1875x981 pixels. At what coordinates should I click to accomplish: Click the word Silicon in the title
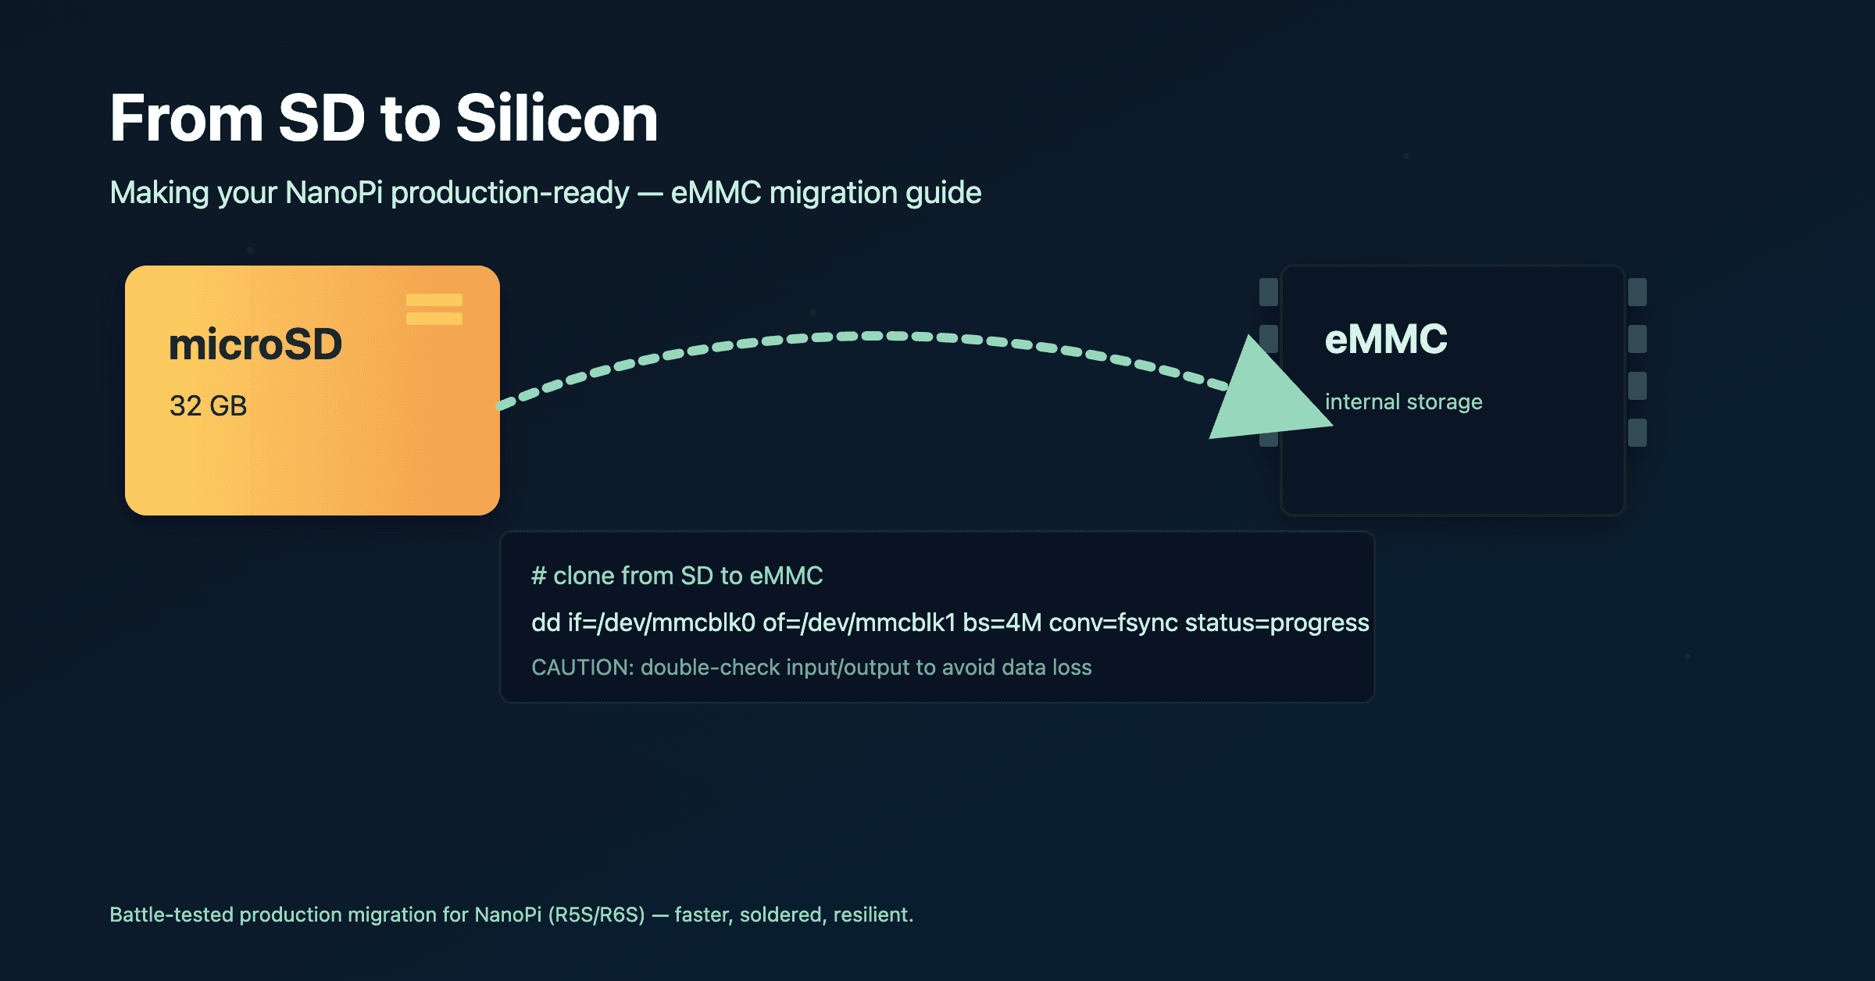pyautogui.click(x=556, y=119)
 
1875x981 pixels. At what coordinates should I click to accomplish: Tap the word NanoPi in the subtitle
pyautogui.click(x=334, y=193)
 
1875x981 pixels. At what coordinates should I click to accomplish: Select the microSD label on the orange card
pyautogui.click(x=255, y=344)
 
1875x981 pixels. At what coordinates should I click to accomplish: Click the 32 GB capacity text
pyautogui.click(x=208, y=406)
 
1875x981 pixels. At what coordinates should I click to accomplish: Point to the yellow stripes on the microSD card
pyautogui.click(x=434, y=309)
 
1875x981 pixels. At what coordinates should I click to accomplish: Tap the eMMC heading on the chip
pyautogui.click(x=1386, y=340)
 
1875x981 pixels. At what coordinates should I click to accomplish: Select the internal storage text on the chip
pyautogui.click(x=1403, y=402)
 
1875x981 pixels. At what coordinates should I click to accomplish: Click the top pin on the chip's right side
pyautogui.click(x=1637, y=292)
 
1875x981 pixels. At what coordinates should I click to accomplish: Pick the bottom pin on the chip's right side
pyautogui.click(x=1637, y=433)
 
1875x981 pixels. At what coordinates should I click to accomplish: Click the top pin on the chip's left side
pyautogui.click(x=1269, y=292)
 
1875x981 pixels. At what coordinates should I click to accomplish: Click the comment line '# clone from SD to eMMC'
pyautogui.click(x=677, y=576)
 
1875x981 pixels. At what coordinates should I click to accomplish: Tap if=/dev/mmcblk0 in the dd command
pyautogui.click(x=661, y=622)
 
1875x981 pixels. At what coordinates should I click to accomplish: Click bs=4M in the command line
pyautogui.click(x=1002, y=622)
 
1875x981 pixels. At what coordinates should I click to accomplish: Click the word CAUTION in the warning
pyautogui.click(x=581, y=668)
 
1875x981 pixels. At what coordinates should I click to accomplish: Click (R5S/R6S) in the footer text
pyautogui.click(x=596, y=915)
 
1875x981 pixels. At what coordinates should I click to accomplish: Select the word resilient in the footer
pyautogui.click(x=872, y=915)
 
